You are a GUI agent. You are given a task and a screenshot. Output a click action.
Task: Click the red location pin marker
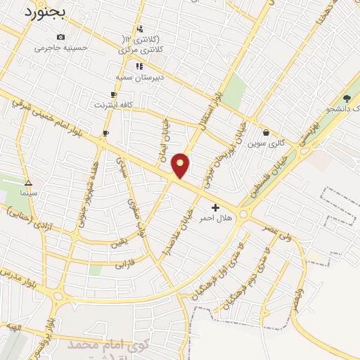(181, 165)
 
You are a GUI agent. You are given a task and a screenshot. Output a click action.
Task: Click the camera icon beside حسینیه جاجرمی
(60, 37)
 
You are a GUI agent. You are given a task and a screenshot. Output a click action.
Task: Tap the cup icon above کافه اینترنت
(113, 94)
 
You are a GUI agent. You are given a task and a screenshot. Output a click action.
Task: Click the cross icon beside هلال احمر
(215, 207)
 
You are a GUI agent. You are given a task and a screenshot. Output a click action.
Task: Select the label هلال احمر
(215, 219)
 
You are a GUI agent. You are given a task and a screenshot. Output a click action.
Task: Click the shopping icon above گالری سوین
(266, 131)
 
